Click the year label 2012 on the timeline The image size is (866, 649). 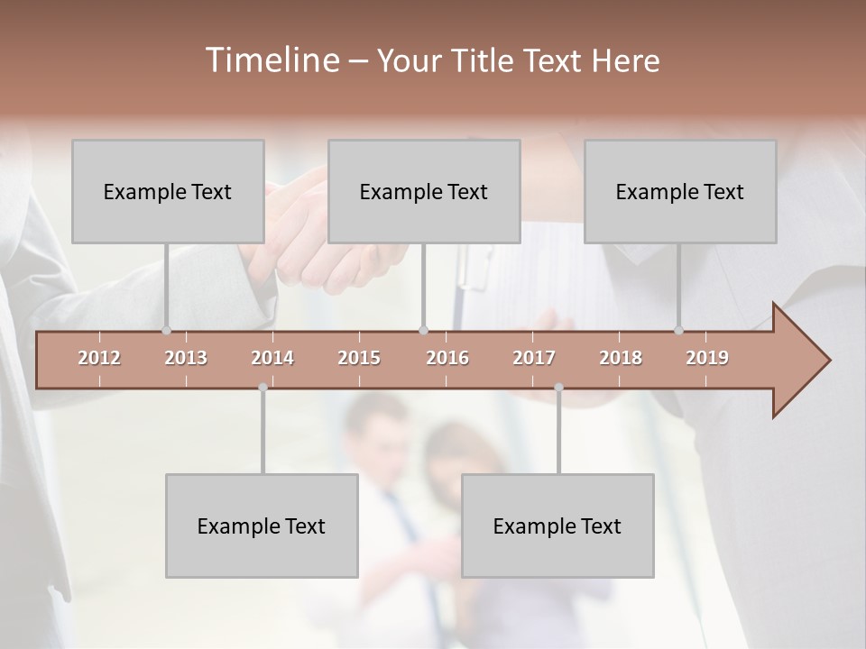coord(99,358)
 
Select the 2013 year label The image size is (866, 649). coord(186,358)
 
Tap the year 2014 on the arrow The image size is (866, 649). coord(272,358)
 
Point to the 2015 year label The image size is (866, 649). coord(359,358)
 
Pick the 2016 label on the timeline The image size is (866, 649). coord(447,358)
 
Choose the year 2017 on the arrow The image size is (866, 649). coord(534,358)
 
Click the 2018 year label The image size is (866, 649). coord(621,358)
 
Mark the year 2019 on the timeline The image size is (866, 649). coord(707,358)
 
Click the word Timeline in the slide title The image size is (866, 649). coord(270,60)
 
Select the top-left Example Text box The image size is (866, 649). coord(168,191)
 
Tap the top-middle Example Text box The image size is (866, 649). coord(424,191)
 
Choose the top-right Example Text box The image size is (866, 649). coord(680,191)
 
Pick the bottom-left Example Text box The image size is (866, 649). coord(262,526)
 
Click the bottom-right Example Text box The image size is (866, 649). coord(557,526)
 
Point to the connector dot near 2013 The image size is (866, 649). coord(166,331)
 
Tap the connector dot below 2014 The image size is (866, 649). coord(263,388)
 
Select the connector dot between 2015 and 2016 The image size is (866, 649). coord(424,331)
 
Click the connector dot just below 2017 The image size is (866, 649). coord(558,388)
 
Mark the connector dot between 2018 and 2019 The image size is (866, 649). coord(679,331)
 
